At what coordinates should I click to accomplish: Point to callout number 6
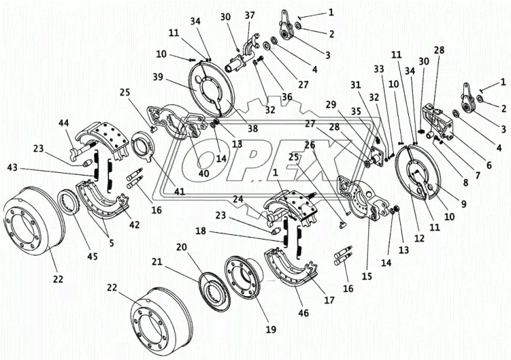coord(489,165)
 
